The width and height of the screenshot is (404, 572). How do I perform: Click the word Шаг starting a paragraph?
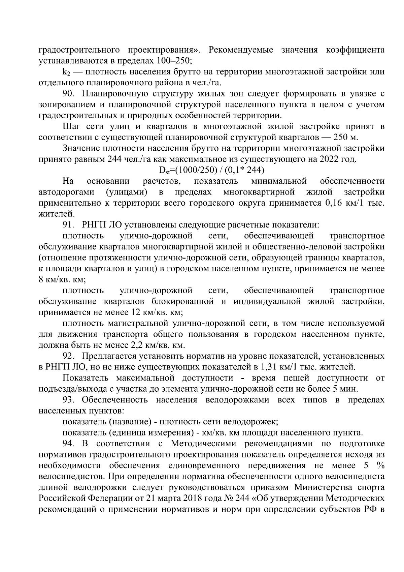(x=71, y=127)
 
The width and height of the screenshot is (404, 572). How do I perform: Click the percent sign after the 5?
(x=380, y=466)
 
